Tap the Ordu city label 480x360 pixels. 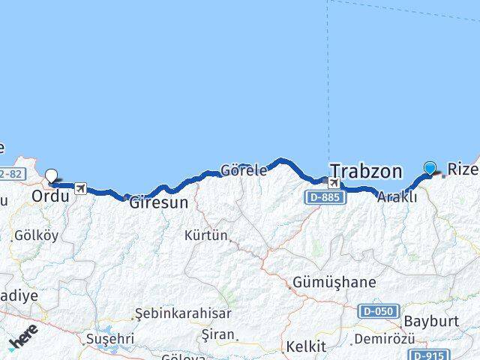(x=50, y=196)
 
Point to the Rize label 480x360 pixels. (x=462, y=169)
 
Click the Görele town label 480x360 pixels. (x=244, y=170)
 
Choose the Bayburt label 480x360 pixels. (x=430, y=321)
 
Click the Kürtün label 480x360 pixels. (x=205, y=235)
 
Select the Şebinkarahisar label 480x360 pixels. (x=183, y=313)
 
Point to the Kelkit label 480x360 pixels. (x=305, y=346)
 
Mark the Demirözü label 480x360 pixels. (x=384, y=338)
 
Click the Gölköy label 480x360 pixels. (x=35, y=235)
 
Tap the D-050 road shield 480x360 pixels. (x=377, y=310)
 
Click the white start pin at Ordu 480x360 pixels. (x=52, y=177)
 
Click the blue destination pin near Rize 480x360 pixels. (x=430, y=169)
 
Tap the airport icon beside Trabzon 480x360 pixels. (x=334, y=183)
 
